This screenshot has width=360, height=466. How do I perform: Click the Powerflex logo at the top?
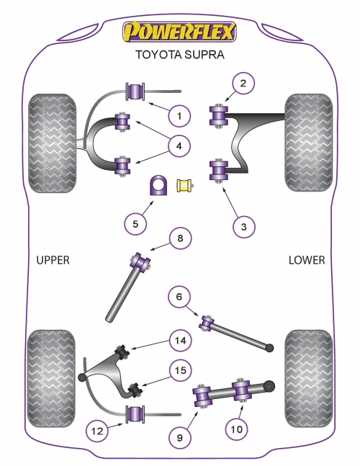tap(179, 32)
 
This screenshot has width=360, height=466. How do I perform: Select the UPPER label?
tap(53, 260)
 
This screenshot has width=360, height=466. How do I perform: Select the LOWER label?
tap(307, 260)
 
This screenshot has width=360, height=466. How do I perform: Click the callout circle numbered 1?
tap(179, 116)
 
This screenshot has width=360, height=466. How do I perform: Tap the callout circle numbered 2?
tap(243, 84)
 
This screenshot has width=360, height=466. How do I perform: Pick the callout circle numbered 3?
tap(244, 227)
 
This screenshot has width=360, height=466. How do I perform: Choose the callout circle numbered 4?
tap(179, 146)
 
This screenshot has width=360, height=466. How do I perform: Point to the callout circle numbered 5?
tap(135, 223)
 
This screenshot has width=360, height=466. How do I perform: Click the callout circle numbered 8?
tap(180, 238)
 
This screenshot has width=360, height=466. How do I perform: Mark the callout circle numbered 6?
tap(179, 297)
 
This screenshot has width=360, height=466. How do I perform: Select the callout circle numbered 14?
tap(181, 340)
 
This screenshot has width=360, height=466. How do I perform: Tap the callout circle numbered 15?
tap(181, 370)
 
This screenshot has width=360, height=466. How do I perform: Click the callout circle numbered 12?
tap(97, 431)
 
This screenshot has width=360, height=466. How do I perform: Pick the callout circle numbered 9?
tap(179, 437)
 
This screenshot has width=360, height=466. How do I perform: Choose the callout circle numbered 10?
tap(236, 429)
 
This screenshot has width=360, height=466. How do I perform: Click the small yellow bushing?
tap(185, 185)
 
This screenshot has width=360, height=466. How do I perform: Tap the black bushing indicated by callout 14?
tap(122, 351)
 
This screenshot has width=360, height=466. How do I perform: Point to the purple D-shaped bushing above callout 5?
tap(158, 185)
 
